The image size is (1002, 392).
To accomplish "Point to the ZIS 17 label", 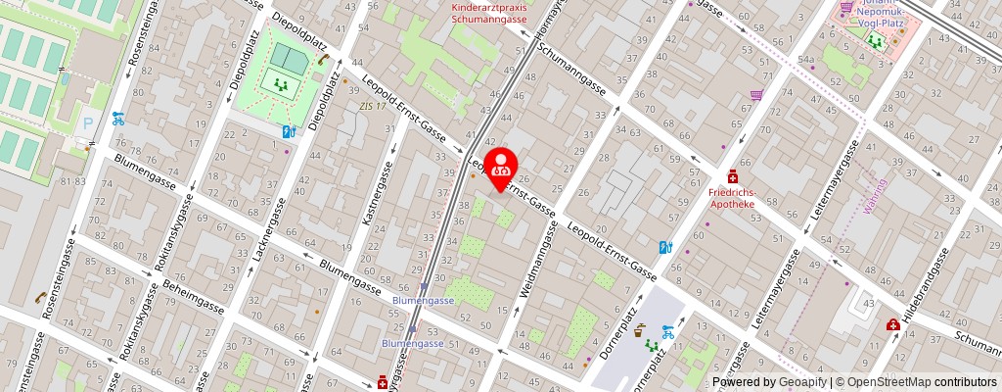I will [372, 106].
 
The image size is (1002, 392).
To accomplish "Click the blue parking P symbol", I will [88, 124].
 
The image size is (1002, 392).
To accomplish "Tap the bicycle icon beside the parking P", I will [118, 119].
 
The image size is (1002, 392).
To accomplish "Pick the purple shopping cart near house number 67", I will [756, 96].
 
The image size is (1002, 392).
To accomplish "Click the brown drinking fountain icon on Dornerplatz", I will [640, 331].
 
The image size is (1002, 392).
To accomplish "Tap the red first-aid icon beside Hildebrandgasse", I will [892, 325].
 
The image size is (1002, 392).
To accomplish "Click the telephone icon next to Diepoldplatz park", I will [322, 60].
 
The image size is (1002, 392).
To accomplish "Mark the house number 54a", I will [805, 60].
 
